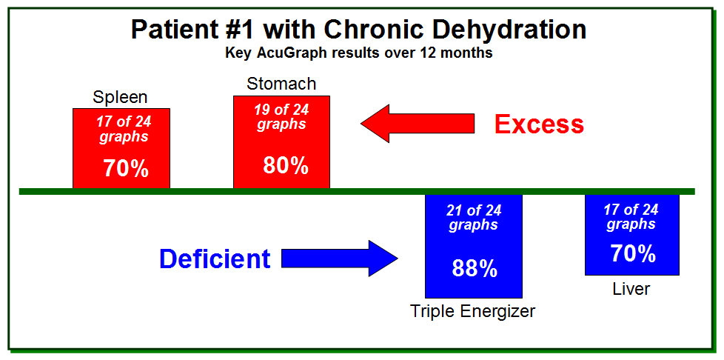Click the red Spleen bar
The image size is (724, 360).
(x=121, y=148)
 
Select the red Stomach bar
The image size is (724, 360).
(x=281, y=142)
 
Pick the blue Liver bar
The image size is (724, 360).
(x=632, y=235)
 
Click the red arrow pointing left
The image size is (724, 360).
(x=418, y=123)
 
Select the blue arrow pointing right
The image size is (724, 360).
(x=339, y=259)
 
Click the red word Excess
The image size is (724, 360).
(x=540, y=124)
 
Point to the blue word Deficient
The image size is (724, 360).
(x=215, y=259)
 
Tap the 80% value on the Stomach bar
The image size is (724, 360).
(x=286, y=165)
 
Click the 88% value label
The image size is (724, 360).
(x=475, y=268)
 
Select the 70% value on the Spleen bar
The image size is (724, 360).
(x=126, y=169)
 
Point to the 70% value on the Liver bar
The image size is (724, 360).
(x=633, y=253)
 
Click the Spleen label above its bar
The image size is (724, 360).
(x=120, y=98)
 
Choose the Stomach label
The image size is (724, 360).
(x=281, y=84)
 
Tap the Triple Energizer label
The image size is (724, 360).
(x=473, y=311)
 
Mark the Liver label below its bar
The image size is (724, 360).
(x=631, y=289)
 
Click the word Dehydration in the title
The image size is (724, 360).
(x=499, y=30)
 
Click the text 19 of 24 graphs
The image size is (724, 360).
(x=281, y=117)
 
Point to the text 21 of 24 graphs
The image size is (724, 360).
(x=474, y=218)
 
